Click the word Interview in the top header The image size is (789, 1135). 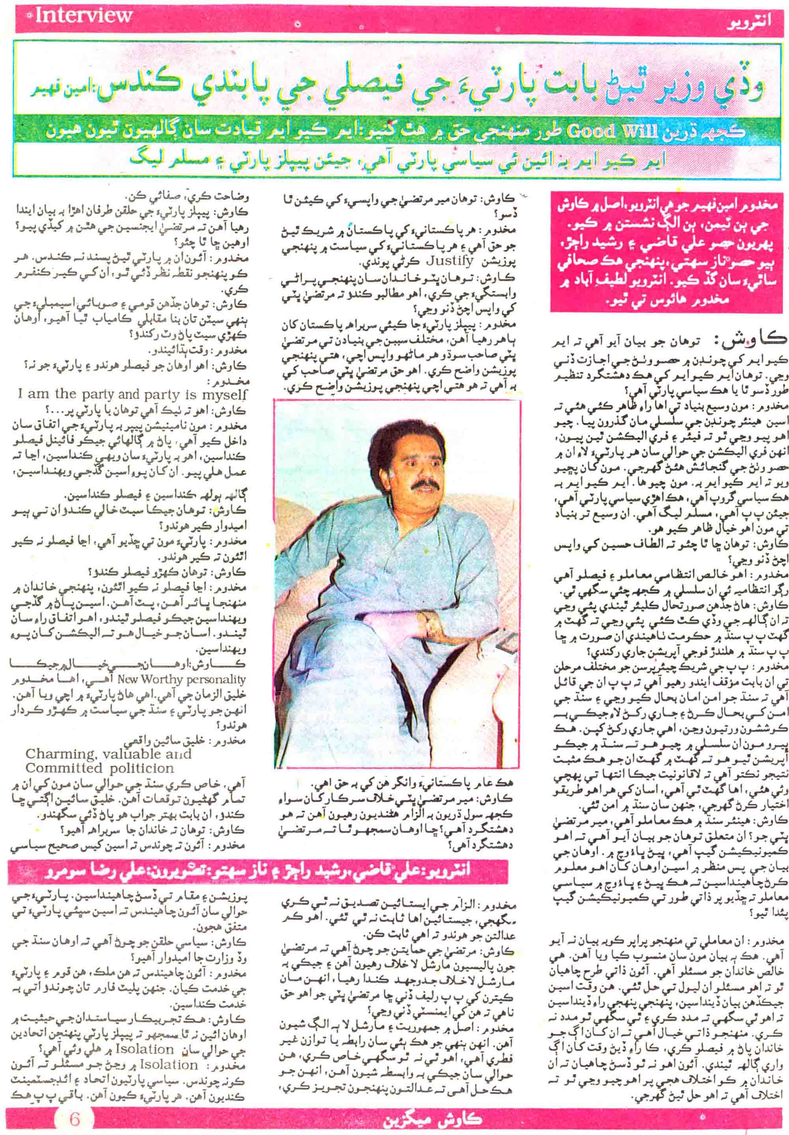pos(83,16)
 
